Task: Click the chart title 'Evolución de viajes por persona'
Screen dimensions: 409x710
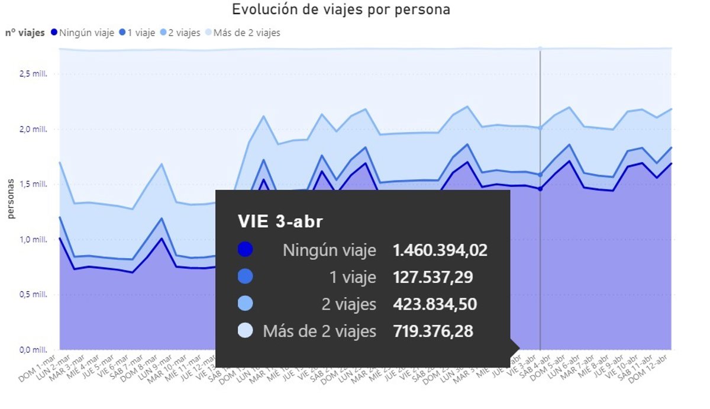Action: coord(341,10)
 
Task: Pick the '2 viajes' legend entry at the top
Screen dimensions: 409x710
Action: coord(184,33)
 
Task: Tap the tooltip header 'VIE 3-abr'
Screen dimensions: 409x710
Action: coord(280,221)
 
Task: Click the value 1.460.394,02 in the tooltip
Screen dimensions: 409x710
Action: coord(440,250)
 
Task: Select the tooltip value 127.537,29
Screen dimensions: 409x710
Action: coord(433,278)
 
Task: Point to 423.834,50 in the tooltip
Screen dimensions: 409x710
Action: coord(435,304)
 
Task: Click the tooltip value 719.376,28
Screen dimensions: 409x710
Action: coord(433,331)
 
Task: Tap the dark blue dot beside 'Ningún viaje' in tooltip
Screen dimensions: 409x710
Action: coord(245,250)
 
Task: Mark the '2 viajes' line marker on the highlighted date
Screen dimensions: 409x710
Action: coord(540,127)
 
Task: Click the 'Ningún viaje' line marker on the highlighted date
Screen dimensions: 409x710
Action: coord(540,189)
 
